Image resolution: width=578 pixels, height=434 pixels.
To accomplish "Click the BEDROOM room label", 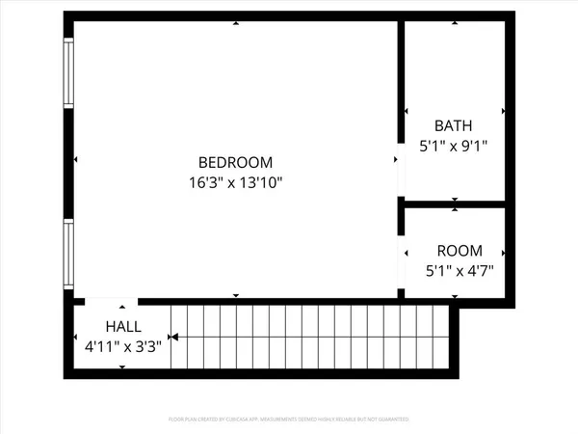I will click(x=236, y=163).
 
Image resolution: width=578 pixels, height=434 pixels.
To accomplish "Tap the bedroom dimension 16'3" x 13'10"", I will click(x=236, y=181).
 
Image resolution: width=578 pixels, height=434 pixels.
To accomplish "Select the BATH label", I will click(x=454, y=125).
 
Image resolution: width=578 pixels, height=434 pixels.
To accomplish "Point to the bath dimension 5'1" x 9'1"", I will click(x=454, y=146).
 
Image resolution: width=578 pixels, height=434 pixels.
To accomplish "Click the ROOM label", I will click(x=460, y=251).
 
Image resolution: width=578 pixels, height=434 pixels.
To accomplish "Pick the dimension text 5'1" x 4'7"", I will click(x=460, y=271).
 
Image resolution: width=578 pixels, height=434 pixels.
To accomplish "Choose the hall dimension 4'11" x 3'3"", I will click(x=123, y=344).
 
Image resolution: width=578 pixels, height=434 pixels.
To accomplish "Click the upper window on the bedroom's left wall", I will click(x=67, y=73).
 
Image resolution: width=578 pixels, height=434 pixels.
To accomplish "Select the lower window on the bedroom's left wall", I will click(x=67, y=254).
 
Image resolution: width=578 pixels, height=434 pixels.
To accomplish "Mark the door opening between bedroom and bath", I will click(x=400, y=173).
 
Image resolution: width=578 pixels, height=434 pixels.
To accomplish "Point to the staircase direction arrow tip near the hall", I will click(x=172, y=338).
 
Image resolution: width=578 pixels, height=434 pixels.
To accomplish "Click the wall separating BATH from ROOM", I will click(x=454, y=204).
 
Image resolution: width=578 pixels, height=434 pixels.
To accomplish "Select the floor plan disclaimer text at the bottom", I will click(x=289, y=420).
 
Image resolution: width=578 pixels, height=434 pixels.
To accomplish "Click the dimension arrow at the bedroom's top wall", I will click(x=236, y=24).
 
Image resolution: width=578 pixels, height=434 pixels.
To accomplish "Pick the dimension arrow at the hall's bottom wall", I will click(x=122, y=366).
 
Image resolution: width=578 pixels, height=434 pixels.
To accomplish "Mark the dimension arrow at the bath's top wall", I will click(x=455, y=24).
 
